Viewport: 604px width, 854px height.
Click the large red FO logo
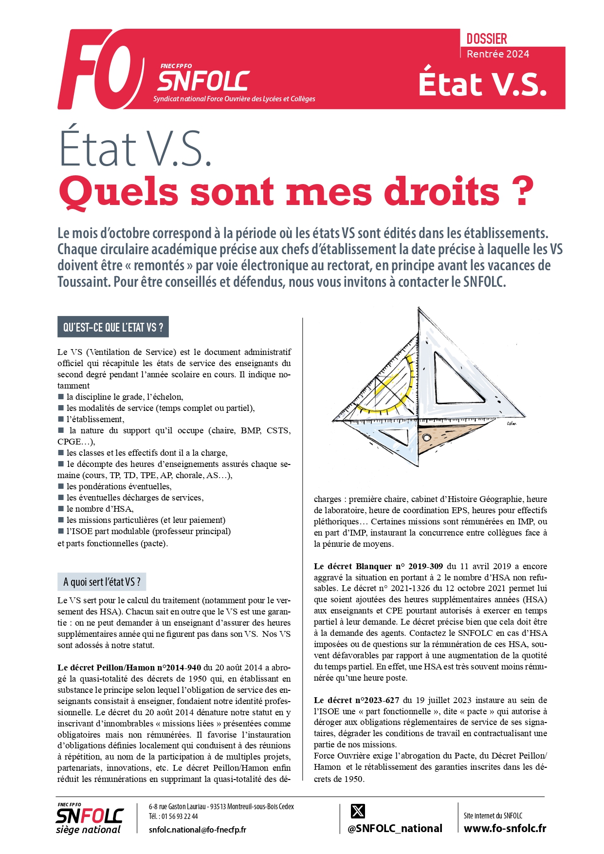coord(100,70)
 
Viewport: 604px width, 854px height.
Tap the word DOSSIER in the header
coord(486,39)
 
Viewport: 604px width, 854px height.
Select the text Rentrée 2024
coord(497,54)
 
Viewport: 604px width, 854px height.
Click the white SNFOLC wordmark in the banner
coord(203,81)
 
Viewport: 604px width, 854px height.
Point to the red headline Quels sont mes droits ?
coord(296,192)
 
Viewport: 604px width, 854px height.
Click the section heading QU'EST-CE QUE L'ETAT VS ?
coord(113,327)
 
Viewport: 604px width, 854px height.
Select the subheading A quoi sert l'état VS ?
coord(102,582)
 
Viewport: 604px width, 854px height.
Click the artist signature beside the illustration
coord(511,424)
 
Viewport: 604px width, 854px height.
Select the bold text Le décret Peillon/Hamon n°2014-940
coord(129,668)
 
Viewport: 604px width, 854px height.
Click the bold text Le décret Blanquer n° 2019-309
coord(378,566)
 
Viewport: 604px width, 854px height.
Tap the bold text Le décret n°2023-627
coord(356,700)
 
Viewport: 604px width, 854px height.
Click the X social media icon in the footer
coord(358,811)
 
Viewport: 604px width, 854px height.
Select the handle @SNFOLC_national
coord(395,829)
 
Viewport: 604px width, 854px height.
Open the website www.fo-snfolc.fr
coord(505,828)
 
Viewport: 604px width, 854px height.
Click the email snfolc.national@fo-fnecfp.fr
coord(197,830)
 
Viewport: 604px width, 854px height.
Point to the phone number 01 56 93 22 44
coord(180,817)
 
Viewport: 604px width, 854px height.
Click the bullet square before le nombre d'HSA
coord(61,509)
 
